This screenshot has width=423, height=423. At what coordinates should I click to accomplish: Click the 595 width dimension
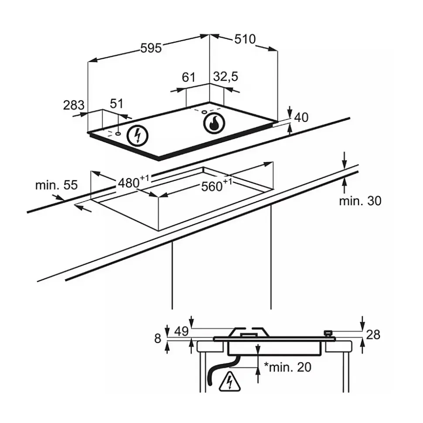click(x=151, y=47)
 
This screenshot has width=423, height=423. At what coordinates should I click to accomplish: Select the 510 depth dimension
click(x=245, y=39)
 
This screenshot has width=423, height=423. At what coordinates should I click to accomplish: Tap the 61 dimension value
click(x=188, y=78)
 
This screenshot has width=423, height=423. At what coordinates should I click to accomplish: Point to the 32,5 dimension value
click(x=225, y=77)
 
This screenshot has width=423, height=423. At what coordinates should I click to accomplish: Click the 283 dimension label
click(x=73, y=105)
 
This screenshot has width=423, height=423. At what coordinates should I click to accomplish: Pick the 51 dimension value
click(x=116, y=104)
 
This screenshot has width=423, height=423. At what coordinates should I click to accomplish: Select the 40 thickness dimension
click(x=301, y=117)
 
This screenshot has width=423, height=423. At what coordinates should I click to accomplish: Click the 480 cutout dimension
click(x=130, y=182)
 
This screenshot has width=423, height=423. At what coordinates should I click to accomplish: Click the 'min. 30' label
click(x=360, y=200)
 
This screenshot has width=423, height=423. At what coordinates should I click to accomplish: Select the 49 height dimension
click(x=182, y=332)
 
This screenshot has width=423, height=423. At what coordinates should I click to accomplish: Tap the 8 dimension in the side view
click(x=158, y=338)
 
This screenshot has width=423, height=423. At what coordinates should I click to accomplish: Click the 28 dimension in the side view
click(x=373, y=335)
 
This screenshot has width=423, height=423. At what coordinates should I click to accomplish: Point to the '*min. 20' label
click(x=288, y=367)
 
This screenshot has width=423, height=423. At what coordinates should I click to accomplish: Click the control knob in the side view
click(x=328, y=333)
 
